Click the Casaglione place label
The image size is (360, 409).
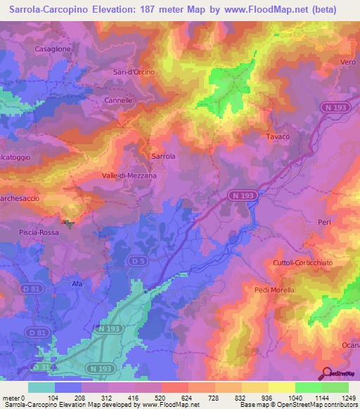(53, 48)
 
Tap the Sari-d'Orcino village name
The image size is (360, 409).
(133, 72)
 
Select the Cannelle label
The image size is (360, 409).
(118, 100)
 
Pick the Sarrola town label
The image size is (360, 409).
(163, 156)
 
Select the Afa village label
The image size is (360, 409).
(77, 283)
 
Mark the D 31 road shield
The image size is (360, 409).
(42, 368)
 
